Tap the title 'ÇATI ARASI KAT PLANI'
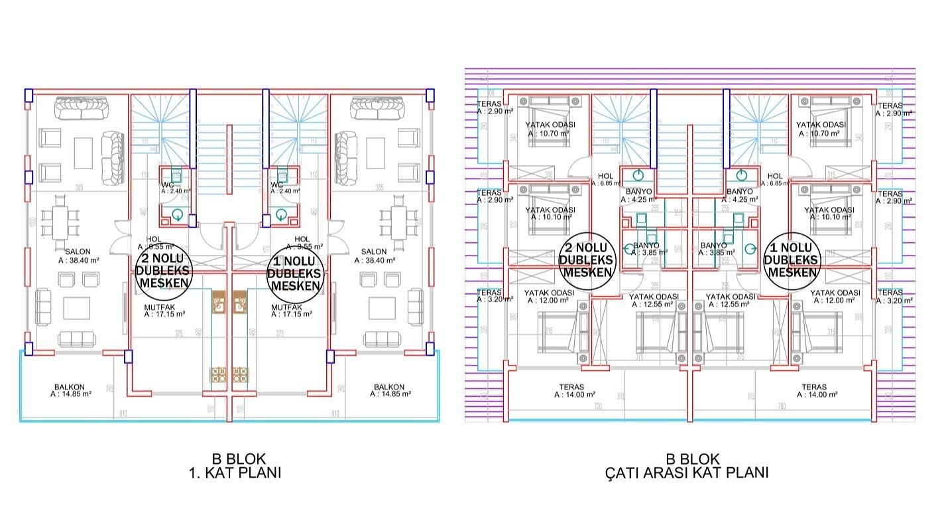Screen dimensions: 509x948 point(687,473)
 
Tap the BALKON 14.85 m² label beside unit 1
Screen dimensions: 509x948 point(389,390)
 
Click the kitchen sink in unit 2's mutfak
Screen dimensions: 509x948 point(219,303)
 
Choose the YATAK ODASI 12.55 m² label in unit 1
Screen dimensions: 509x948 point(730,300)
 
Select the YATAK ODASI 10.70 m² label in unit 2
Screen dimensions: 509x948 point(550,129)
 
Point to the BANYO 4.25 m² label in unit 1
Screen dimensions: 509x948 point(739,194)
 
